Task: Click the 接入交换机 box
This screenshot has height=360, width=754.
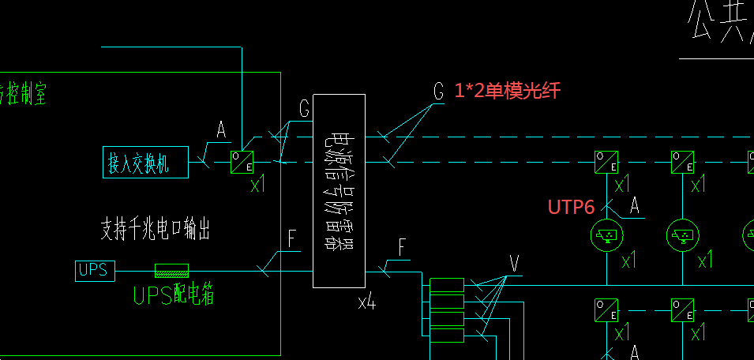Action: [x=145, y=163]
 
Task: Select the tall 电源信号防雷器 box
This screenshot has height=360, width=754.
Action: [x=339, y=190]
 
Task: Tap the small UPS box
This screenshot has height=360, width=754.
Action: [x=96, y=270]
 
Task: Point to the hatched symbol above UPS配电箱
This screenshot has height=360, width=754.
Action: [x=171, y=270]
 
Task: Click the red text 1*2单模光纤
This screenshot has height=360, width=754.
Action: [x=507, y=91]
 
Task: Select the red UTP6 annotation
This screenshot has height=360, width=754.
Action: [x=571, y=207]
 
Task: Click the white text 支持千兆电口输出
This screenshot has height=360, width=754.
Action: [x=155, y=229]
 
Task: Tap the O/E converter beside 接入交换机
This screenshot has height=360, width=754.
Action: [x=242, y=162]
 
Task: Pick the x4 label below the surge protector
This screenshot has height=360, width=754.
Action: [x=366, y=301]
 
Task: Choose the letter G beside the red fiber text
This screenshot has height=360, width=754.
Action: [x=439, y=91]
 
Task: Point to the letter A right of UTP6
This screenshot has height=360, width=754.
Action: [x=633, y=206]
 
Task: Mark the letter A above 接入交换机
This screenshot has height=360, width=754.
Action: [x=221, y=129]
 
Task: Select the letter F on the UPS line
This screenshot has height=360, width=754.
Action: [x=292, y=239]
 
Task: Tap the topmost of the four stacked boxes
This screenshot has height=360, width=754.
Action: [x=446, y=284]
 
